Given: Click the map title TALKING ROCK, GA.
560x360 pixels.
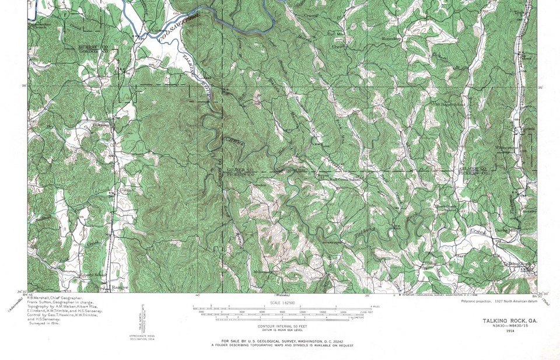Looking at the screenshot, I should pos(510,321).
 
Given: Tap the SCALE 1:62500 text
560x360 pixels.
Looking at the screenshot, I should pos(281,302).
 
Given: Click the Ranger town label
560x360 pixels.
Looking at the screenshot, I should pos(119,287).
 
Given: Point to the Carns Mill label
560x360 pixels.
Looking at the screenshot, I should pos(505,230).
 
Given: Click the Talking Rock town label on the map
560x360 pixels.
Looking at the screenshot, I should pos(516,263).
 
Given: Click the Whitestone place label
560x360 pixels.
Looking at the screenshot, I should pos(503,148).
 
